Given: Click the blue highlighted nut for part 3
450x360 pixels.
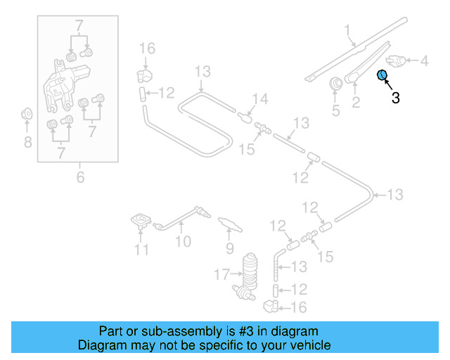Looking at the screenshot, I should coord(382,75).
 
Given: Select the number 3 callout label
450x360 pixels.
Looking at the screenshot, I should coord(396,98).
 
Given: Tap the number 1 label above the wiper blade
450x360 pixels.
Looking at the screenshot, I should coord(347,30).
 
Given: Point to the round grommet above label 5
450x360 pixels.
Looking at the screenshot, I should coord(335,84).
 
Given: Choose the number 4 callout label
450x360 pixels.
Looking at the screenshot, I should coord(424,61).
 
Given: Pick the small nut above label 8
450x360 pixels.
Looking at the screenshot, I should coord(27,113).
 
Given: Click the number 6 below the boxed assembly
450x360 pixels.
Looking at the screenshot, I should coord(80,177).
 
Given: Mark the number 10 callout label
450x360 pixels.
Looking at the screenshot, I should coord(183,243).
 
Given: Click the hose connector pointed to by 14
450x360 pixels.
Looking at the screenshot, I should coord(246,115).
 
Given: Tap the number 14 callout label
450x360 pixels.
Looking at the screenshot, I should coord(260,99).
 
